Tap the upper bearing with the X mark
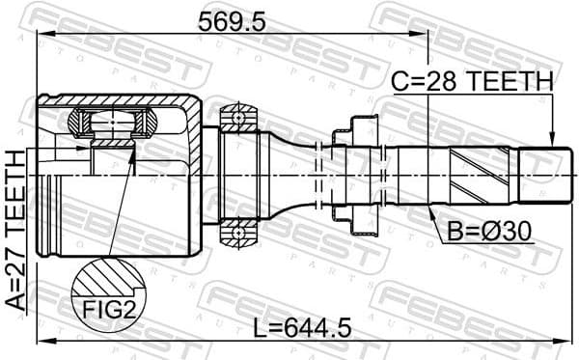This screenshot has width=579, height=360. coord(234,119)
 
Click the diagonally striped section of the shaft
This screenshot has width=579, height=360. coord(473,175)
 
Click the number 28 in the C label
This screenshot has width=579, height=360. coord(441,82)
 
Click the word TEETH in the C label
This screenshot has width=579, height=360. coord(508,82)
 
